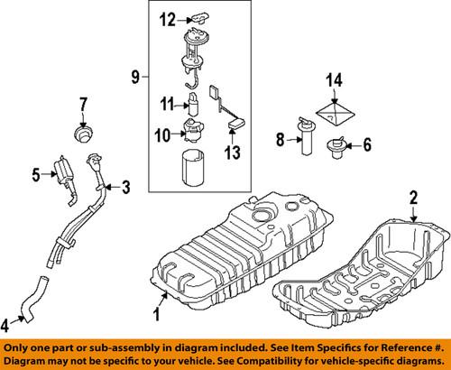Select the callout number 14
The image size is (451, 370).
click(334, 83)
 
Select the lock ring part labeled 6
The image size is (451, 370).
click(336, 143)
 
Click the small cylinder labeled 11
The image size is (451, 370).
click(192, 102)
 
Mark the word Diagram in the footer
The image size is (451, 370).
click(29, 361)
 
